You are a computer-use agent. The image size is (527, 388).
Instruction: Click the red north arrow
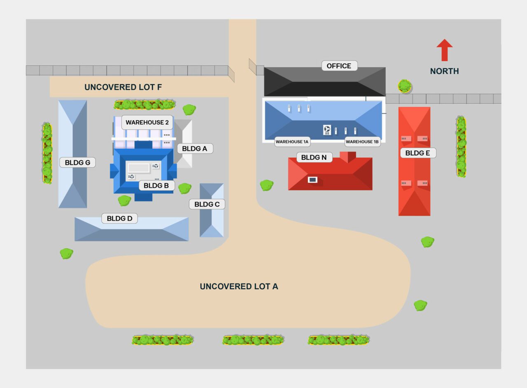point(444,50)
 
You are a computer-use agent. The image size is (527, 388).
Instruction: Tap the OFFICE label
point(339,66)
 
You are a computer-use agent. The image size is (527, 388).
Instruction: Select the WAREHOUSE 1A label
point(292,142)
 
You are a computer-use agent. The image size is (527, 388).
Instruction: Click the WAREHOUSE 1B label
point(362,142)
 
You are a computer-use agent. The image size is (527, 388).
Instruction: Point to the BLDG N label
point(314,157)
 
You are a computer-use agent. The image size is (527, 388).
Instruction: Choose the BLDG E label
point(417,153)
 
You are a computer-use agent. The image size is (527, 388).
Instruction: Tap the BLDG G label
point(77,163)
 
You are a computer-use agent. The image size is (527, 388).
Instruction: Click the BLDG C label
point(207,204)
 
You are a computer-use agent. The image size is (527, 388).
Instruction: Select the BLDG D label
point(119,219)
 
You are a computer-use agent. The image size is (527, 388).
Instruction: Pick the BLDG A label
point(194,149)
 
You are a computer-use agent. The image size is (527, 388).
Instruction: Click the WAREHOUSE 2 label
point(147,122)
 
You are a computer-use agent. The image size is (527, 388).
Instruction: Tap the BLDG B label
point(156,186)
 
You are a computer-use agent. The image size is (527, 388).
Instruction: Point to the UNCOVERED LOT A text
point(239,286)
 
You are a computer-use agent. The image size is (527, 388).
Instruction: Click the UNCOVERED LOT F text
point(123,87)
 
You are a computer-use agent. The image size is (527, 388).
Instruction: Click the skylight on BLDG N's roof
point(312,180)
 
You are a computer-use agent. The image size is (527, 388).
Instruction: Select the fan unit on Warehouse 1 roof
point(327,130)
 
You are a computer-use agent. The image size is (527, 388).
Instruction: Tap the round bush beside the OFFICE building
point(405,86)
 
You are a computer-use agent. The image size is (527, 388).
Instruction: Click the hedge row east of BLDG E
point(461,147)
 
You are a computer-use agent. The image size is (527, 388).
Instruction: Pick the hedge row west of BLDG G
point(47,153)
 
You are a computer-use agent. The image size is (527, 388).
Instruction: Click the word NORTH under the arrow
point(444,71)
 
